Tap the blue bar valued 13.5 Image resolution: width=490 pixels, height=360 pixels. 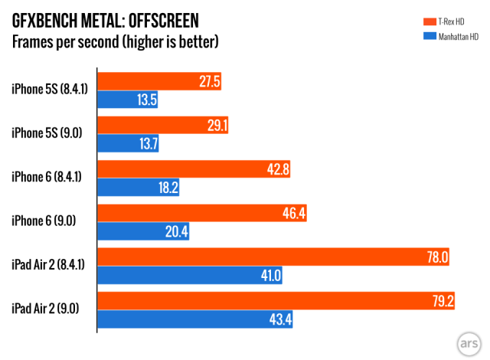pyautogui.click(x=128, y=100)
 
